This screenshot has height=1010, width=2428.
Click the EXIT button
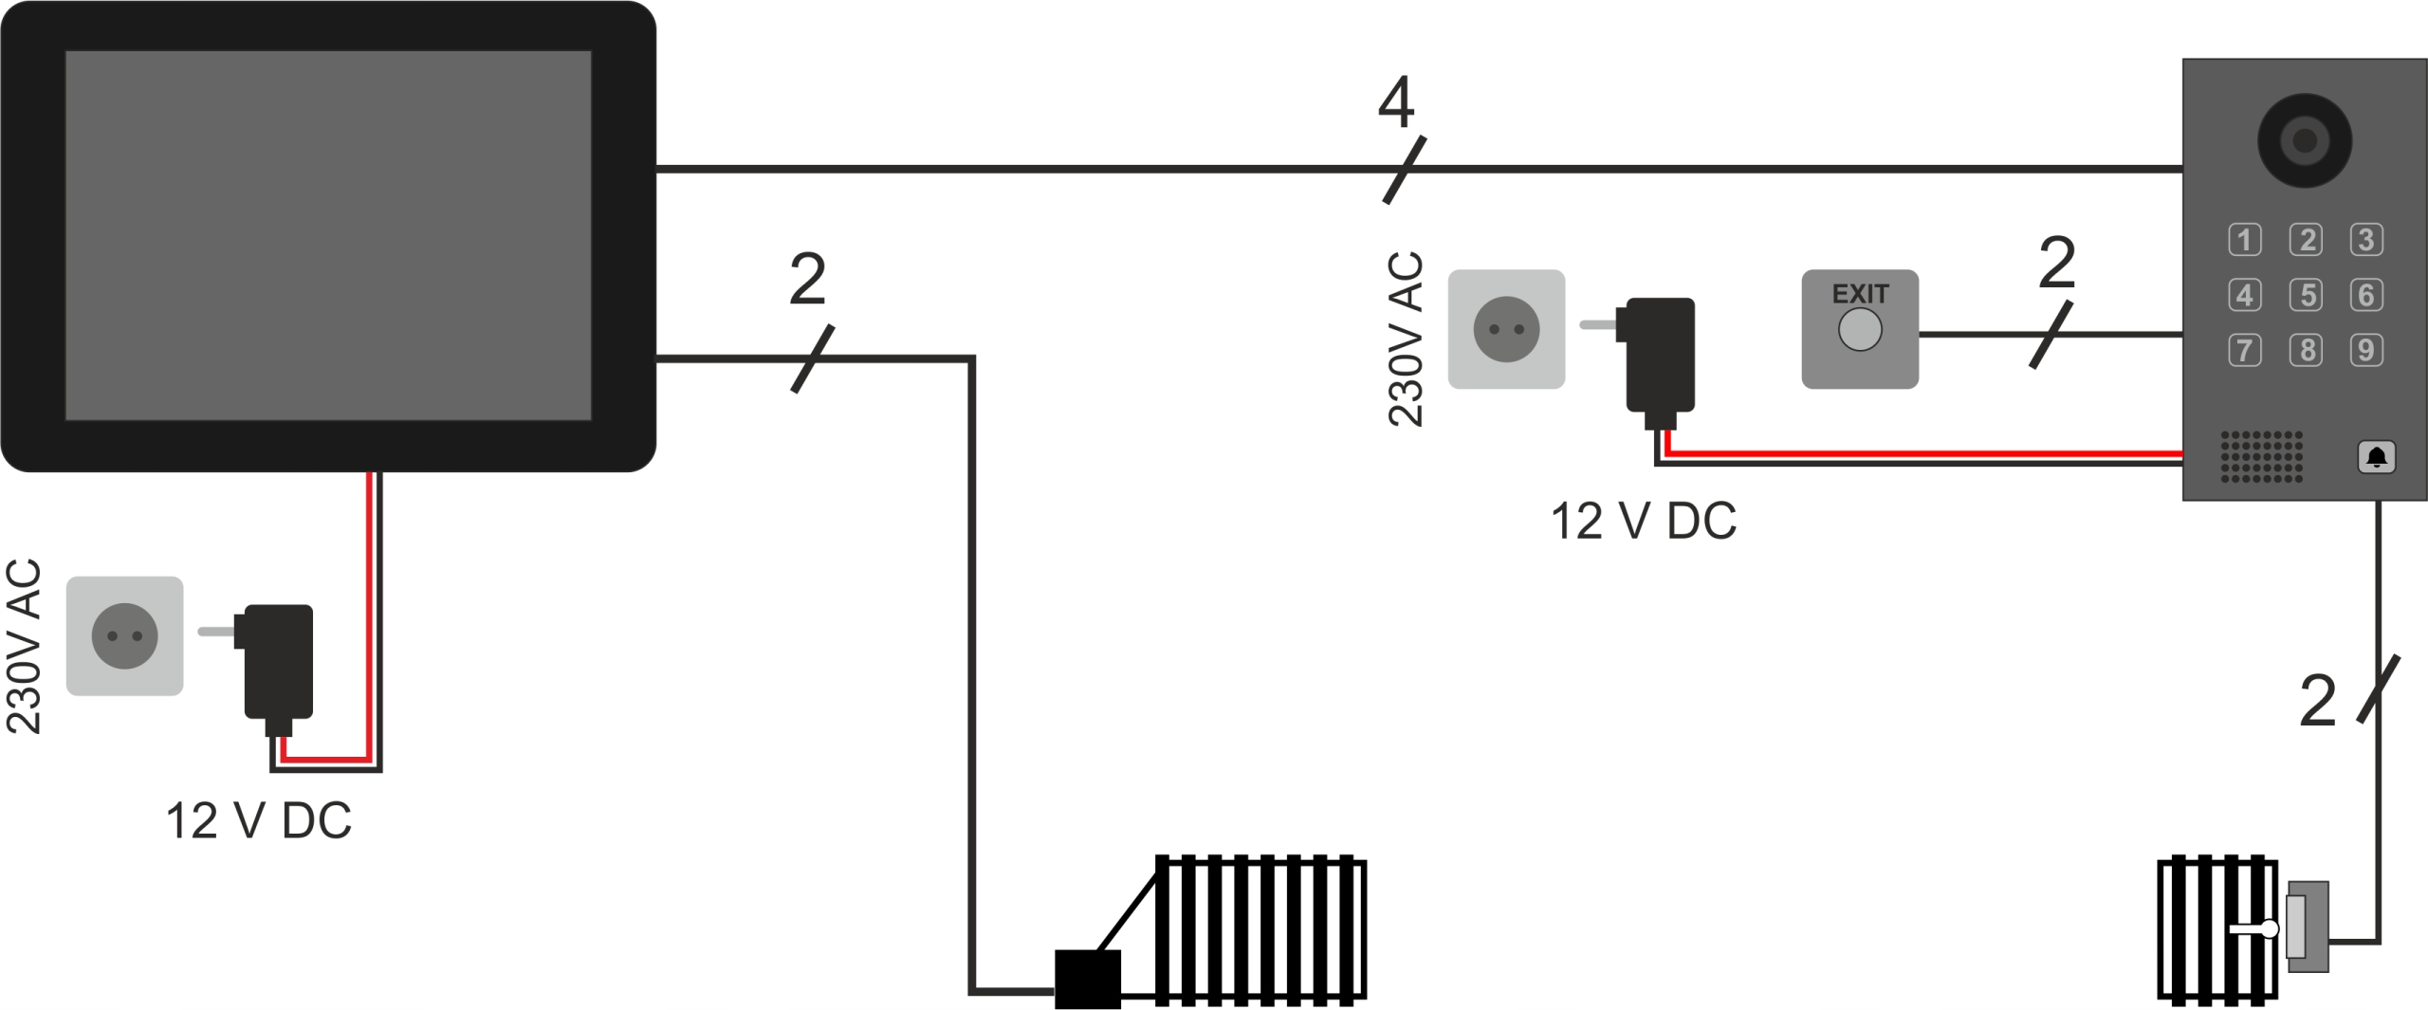click(x=1859, y=329)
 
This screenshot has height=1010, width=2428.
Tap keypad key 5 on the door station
click(x=2306, y=295)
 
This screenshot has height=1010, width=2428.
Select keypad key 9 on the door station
click(x=2366, y=350)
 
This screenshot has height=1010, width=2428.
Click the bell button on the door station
click(x=2376, y=457)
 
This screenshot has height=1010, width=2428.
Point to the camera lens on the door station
click(x=2304, y=140)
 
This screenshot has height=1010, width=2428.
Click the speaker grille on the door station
click(x=2261, y=456)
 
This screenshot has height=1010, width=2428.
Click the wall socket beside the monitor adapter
click(x=124, y=635)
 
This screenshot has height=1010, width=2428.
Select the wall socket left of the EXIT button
click(x=1506, y=329)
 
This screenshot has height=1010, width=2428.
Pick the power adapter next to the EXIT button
click(x=1660, y=357)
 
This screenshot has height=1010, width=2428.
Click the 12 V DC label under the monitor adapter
click(x=258, y=821)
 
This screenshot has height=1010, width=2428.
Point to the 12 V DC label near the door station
click(x=1643, y=522)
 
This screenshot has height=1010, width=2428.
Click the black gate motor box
click(x=1088, y=979)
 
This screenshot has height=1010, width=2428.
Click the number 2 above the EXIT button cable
click(x=2056, y=263)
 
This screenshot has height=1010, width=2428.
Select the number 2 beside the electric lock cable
click(x=2318, y=703)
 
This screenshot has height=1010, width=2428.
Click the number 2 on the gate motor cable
click(x=807, y=280)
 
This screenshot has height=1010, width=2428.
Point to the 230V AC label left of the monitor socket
click(x=25, y=646)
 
